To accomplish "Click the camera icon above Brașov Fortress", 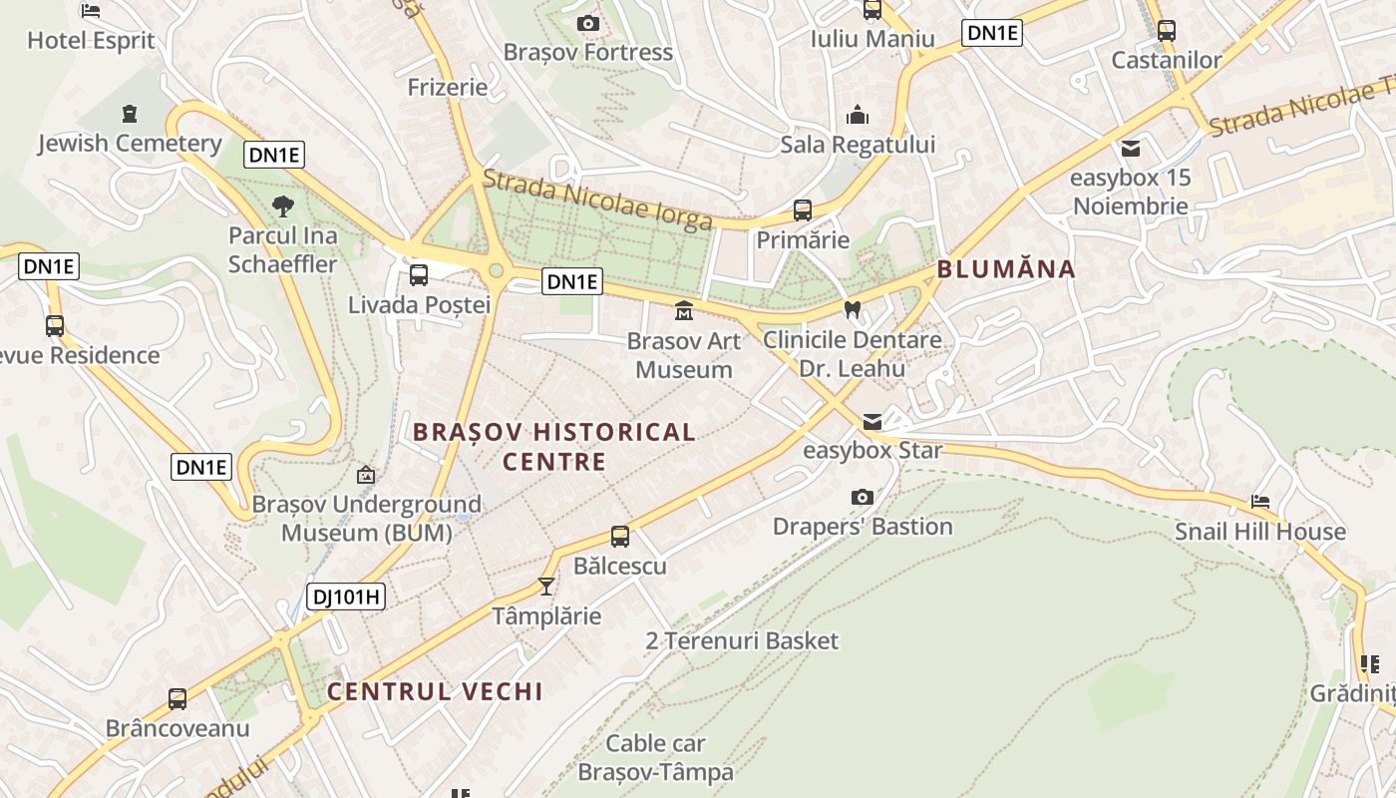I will click(x=588, y=23).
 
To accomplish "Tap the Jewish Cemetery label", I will click(x=130, y=144).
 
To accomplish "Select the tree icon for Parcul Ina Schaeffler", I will click(x=283, y=206).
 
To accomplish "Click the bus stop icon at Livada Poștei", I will click(x=419, y=274).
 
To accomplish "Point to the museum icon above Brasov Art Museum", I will click(x=684, y=311).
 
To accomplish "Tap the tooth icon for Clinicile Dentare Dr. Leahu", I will click(x=852, y=309).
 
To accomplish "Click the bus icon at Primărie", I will click(x=803, y=209).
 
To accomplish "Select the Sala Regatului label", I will click(x=858, y=145).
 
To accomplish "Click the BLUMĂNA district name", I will click(x=1006, y=268).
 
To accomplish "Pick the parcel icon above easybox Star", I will click(x=872, y=421).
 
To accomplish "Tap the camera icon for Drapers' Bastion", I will click(x=863, y=497).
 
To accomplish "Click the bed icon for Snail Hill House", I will click(x=1260, y=502).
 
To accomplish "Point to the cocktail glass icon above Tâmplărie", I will click(x=546, y=586).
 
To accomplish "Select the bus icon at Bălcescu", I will click(x=620, y=537).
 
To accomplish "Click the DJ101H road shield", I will click(x=345, y=597).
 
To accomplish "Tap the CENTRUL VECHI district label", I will click(x=435, y=691).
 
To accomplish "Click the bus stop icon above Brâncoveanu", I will click(x=177, y=698).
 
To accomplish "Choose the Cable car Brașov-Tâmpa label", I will click(x=655, y=757).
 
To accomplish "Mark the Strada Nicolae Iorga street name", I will click(x=597, y=199).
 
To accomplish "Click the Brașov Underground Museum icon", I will click(x=366, y=476).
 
